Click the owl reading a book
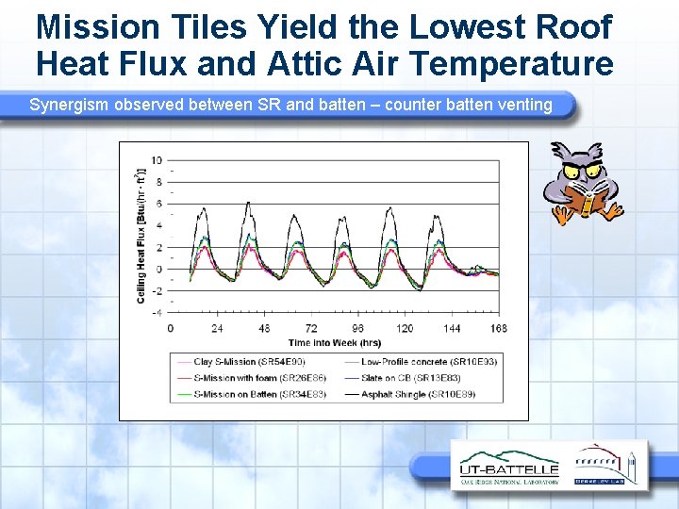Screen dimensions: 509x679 pos(585,183)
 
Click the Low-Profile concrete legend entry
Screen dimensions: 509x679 pos(429,361)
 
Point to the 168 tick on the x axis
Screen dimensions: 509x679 pos(498,328)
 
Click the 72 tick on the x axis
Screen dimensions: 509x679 pos(310,328)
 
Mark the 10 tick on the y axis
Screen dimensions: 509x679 pos(156,160)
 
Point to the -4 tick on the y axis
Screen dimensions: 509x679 pos(156,312)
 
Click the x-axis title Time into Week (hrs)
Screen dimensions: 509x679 pos(334,341)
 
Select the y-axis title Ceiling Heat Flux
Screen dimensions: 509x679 pos(140,236)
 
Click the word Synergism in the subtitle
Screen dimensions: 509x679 pos(69,105)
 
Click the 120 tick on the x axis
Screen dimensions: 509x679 pos(405,328)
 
